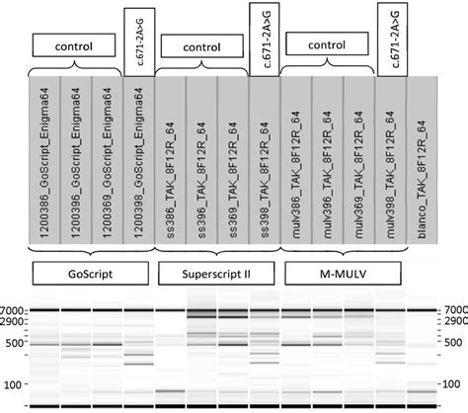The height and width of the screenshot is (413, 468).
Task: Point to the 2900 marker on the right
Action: (x=455, y=321)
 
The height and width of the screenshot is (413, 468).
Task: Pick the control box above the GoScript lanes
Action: (x=75, y=45)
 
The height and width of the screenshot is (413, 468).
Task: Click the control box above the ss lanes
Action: (x=201, y=45)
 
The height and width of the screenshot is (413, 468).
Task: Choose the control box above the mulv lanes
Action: (x=328, y=45)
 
